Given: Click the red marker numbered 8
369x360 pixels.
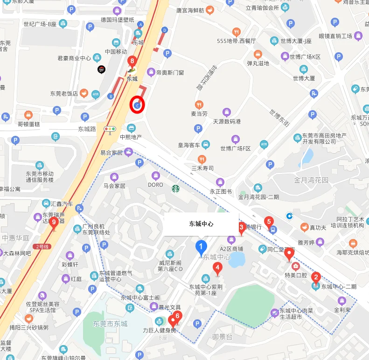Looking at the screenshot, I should coord(132,61).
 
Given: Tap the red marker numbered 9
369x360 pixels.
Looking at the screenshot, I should coord(54,222).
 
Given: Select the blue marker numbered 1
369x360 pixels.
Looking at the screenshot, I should coord(201,247).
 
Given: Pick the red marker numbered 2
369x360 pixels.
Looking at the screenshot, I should coord(316,278).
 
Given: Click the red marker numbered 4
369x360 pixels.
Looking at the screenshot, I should coord(217,268).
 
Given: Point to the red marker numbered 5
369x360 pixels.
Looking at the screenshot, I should coord(268,222).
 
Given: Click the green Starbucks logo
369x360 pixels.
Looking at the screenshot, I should coord(175,189).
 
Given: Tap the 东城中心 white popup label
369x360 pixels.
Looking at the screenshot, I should coord(201,224).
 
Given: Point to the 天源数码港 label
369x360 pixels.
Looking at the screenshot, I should coord(227,121).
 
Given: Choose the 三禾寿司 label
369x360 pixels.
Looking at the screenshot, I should coord(202,168).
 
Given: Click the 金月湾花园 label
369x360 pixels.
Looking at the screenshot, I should coord(311,180).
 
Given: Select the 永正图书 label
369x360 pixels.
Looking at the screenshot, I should coord(221,191).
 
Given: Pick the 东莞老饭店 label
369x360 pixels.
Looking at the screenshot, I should coord(64,93).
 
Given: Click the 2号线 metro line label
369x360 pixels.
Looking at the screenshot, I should coord(41,246).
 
